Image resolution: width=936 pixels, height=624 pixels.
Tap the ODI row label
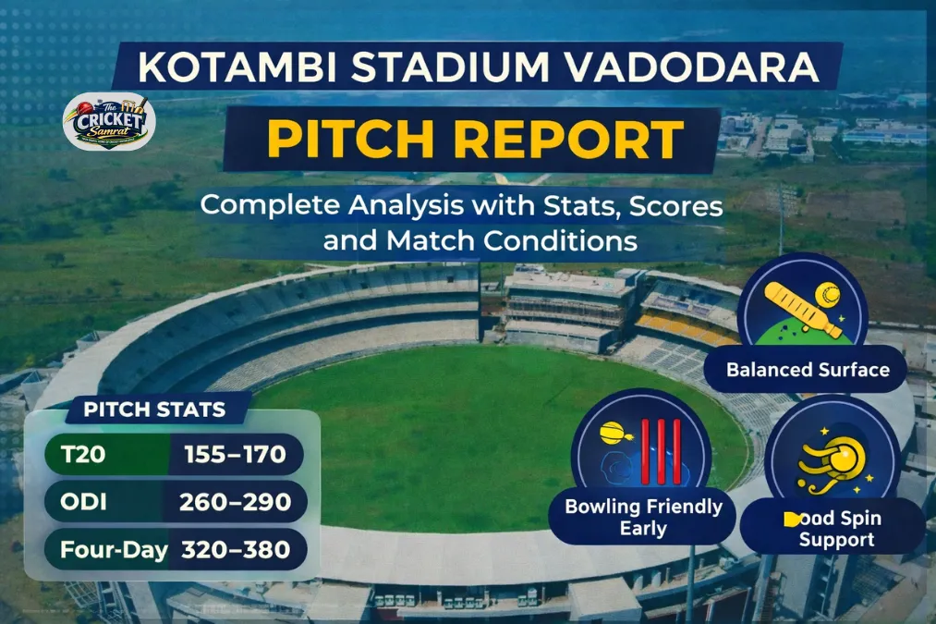pos(84,502)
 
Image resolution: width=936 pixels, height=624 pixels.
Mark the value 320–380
pos(237,550)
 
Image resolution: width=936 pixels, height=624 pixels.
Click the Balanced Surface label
pos(808,370)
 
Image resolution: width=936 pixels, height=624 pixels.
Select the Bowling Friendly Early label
pos(644,518)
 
